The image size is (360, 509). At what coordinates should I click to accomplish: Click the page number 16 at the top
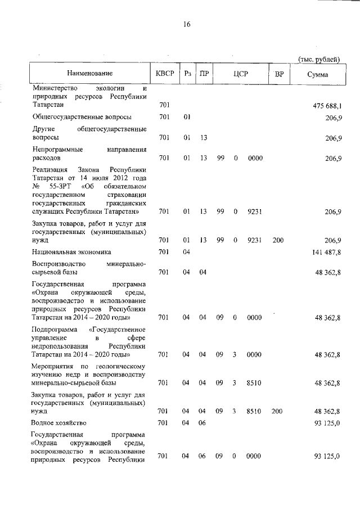[187, 24]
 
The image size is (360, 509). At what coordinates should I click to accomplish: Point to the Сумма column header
[318, 74]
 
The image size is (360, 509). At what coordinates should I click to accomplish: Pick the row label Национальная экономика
[71, 252]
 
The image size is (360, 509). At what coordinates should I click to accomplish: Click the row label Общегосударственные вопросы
[82, 117]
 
